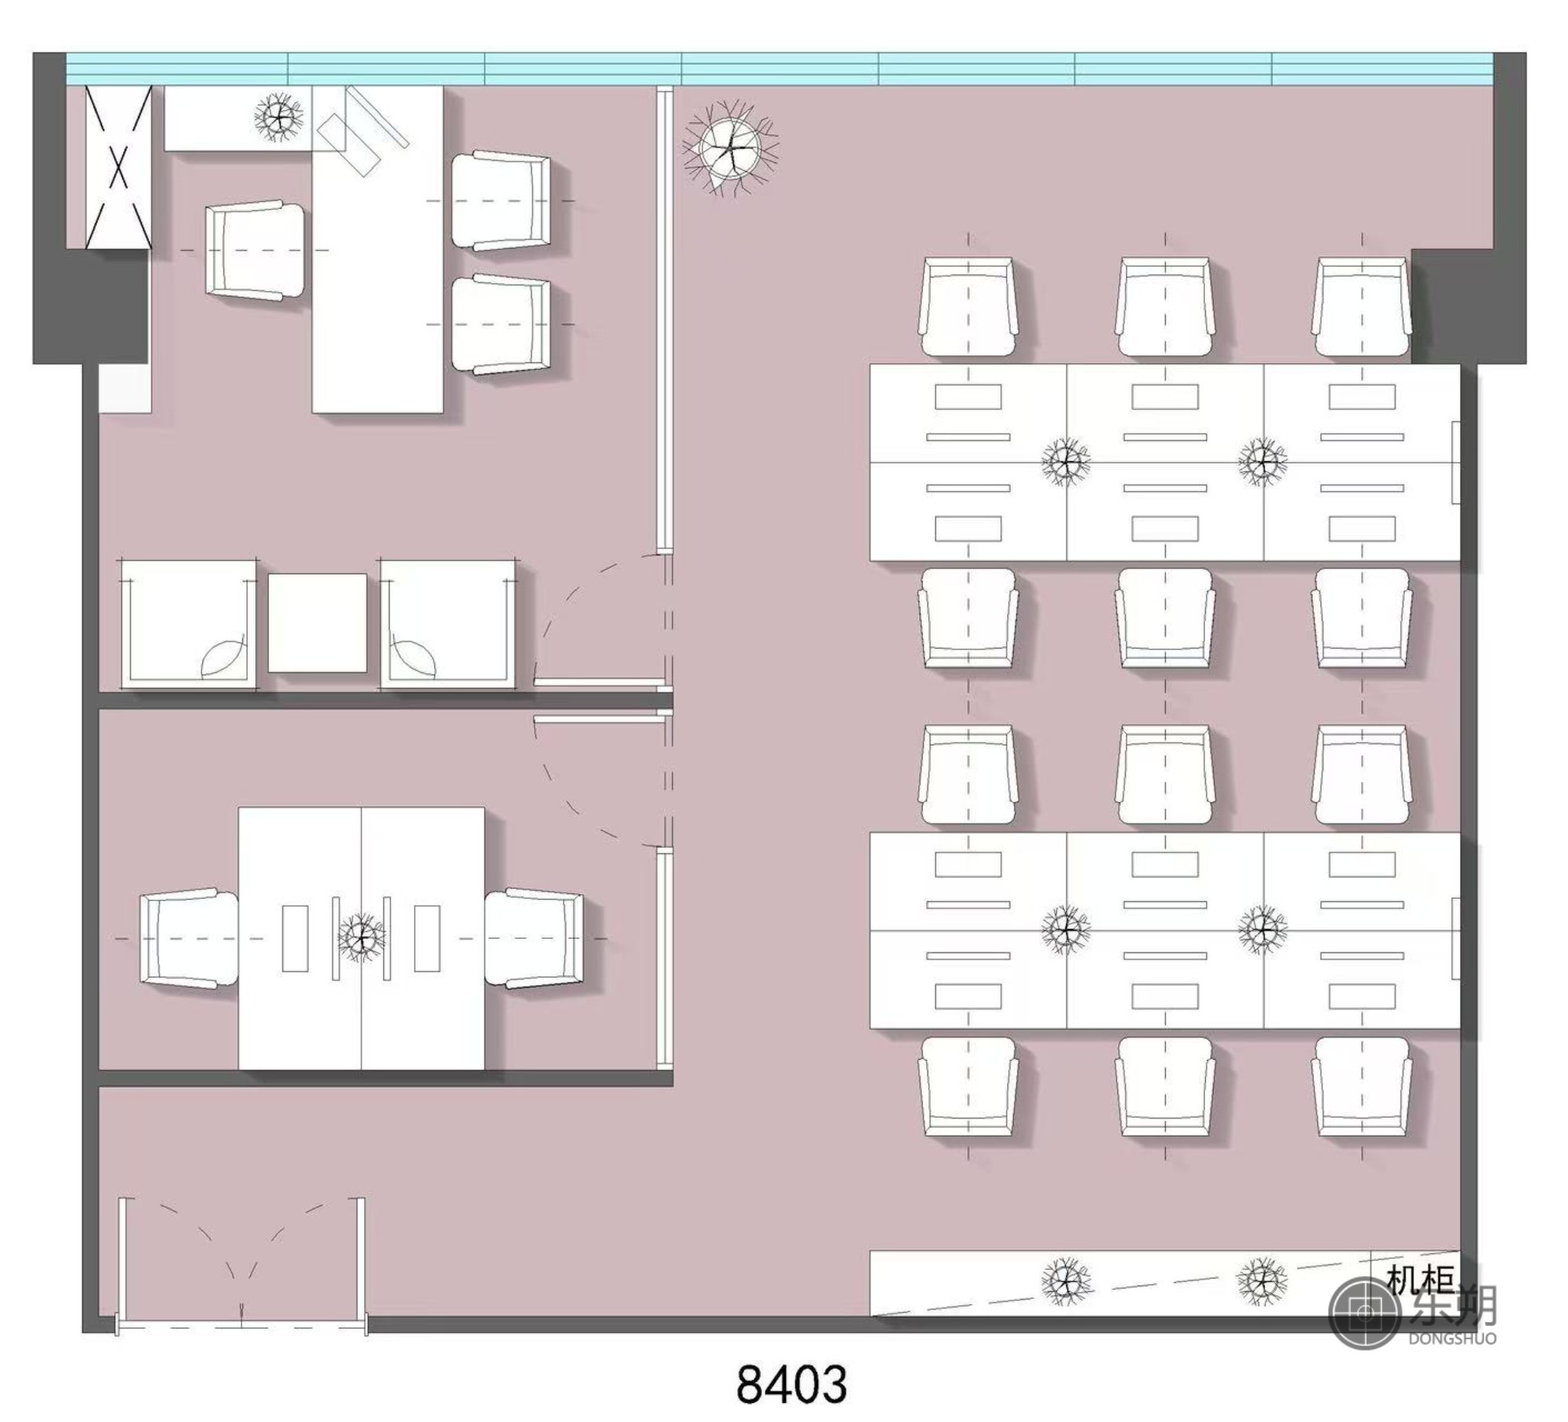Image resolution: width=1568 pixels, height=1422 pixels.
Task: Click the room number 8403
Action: pos(792,1385)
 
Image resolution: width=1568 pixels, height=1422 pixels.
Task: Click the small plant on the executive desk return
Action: pos(278,118)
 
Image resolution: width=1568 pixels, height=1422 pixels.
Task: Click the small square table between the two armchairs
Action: pos(318,623)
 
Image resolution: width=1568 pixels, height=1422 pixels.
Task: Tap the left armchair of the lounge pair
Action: pos(188,625)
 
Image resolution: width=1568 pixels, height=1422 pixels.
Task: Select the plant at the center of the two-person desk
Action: pos(361,936)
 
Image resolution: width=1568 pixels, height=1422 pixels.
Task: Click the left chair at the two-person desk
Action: pos(189,938)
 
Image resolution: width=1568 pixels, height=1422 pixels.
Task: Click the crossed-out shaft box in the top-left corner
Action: pos(118,167)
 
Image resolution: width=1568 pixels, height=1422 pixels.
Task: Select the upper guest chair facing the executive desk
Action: pos(501,201)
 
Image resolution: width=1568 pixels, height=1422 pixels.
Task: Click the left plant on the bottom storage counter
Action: pos(1065,1281)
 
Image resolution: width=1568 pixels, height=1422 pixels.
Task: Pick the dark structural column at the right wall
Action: pos(1468,306)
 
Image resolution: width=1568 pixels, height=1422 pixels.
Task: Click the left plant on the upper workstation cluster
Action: pos(1065,461)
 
